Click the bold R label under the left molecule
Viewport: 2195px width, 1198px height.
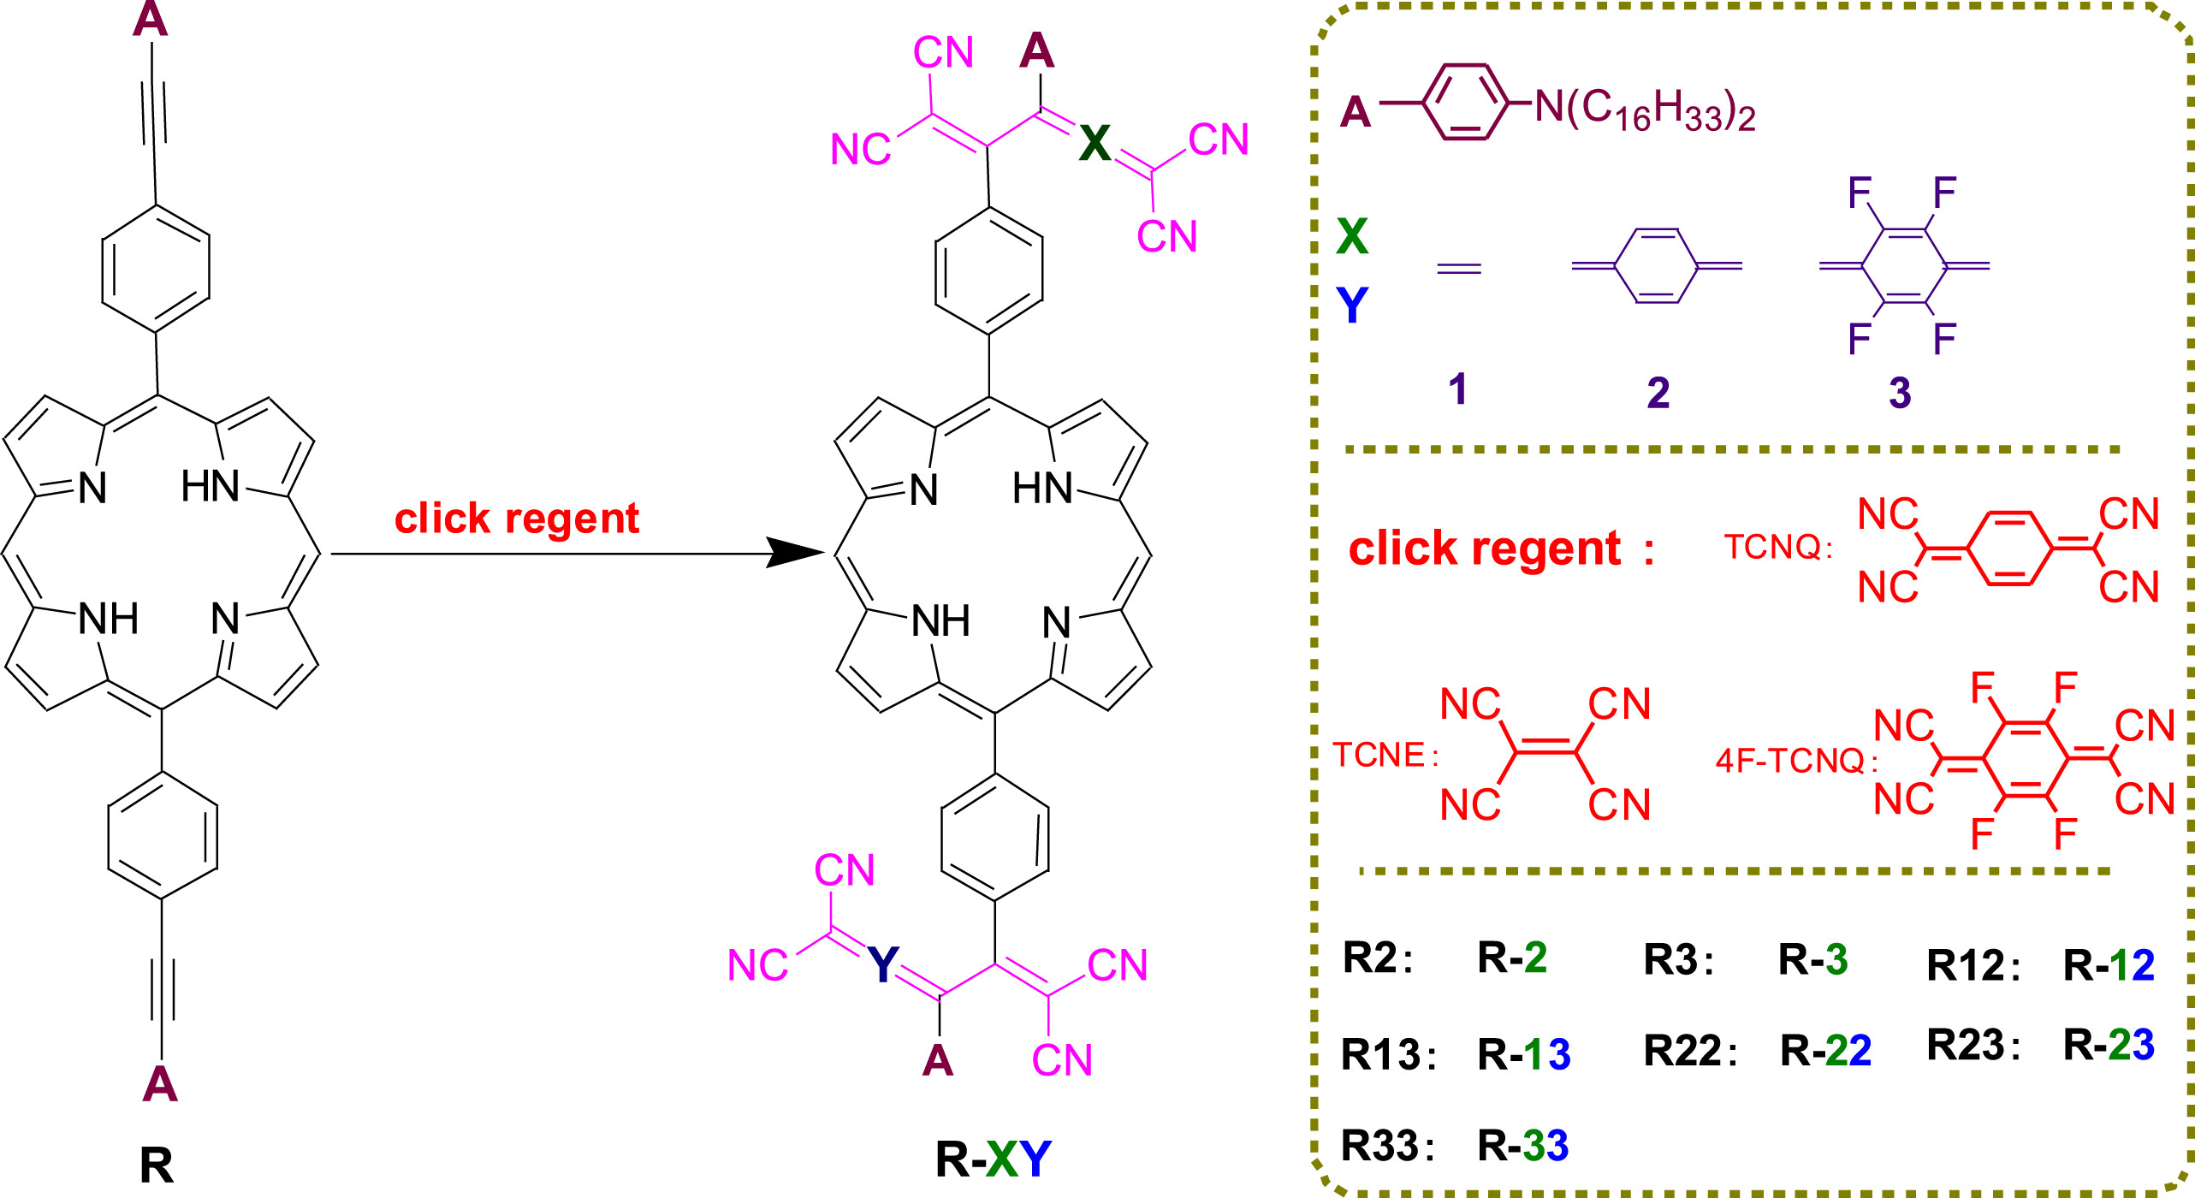(157, 1165)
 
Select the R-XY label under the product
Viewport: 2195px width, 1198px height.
(994, 1160)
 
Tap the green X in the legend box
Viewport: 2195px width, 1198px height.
(1352, 236)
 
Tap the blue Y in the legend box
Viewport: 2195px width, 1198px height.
(1352, 305)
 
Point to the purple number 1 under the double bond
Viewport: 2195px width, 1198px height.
(1458, 389)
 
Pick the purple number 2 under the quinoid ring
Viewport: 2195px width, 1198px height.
(1658, 393)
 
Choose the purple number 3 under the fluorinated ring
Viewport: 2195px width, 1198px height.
(1900, 393)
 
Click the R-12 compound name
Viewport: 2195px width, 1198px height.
(2109, 965)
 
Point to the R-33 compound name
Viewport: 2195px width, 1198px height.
(1523, 1145)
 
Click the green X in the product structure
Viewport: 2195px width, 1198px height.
(1095, 143)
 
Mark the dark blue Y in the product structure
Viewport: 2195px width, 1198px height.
(883, 964)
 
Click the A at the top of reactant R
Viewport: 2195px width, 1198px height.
(150, 19)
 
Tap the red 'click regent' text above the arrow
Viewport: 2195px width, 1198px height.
(517, 519)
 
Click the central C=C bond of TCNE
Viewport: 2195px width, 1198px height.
(1545, 750)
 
